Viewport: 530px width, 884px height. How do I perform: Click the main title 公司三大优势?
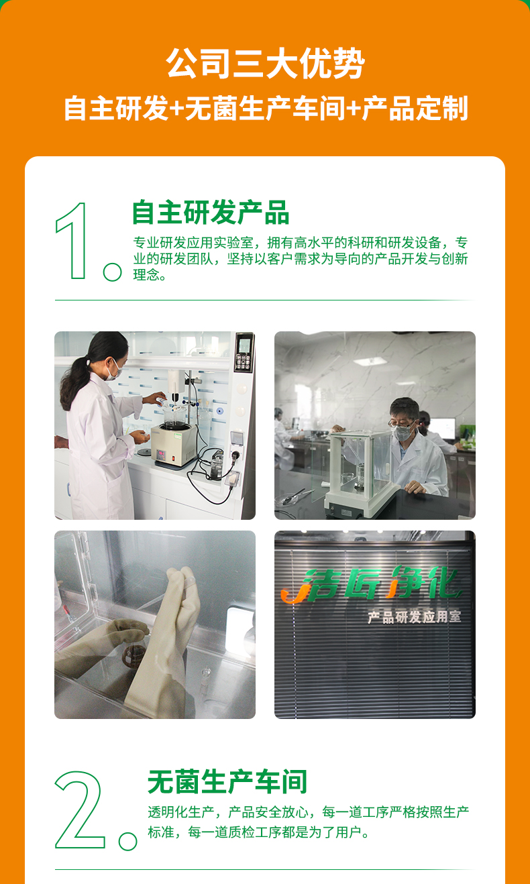point(265,63)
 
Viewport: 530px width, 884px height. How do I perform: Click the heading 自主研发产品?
point(211,213)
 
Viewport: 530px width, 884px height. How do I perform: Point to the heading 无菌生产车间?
point(227,782)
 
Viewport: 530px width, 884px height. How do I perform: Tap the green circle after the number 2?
point(128,841)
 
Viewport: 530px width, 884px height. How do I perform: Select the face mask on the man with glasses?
point(403,432)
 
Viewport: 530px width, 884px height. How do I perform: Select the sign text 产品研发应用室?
point(415,617)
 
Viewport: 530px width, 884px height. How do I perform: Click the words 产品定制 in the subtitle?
point(415,108)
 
